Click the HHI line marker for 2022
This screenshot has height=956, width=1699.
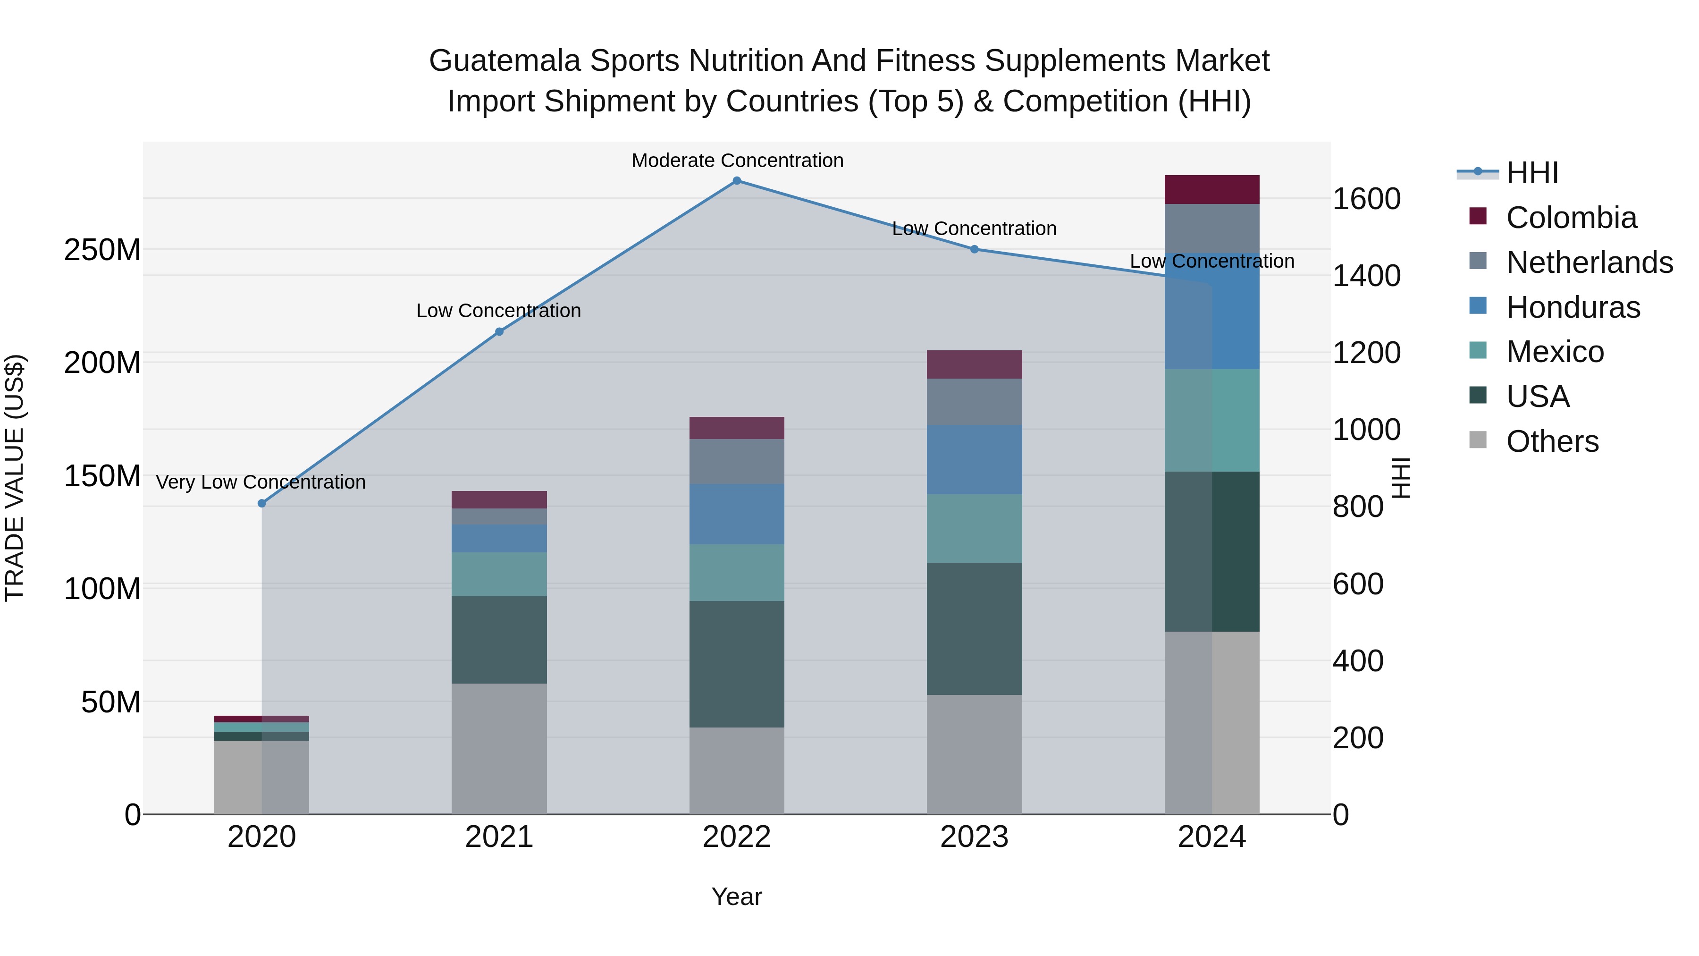737,181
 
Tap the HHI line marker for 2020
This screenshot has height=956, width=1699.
262,503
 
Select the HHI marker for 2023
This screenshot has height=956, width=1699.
974,249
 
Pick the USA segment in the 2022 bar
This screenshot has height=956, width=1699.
737,664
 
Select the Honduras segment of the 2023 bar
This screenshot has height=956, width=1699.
974,460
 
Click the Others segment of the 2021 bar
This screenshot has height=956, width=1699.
499,748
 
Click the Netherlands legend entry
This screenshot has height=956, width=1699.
1589,262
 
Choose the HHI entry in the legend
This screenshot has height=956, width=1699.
1532,173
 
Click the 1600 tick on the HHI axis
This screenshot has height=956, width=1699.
1367,199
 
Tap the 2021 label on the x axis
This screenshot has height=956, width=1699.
499,837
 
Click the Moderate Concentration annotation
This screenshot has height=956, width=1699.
737,161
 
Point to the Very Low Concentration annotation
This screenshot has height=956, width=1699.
261,482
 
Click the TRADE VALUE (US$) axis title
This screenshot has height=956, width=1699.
15,478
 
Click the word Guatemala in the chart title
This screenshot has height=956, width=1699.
505,61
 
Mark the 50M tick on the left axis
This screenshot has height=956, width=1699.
111,702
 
